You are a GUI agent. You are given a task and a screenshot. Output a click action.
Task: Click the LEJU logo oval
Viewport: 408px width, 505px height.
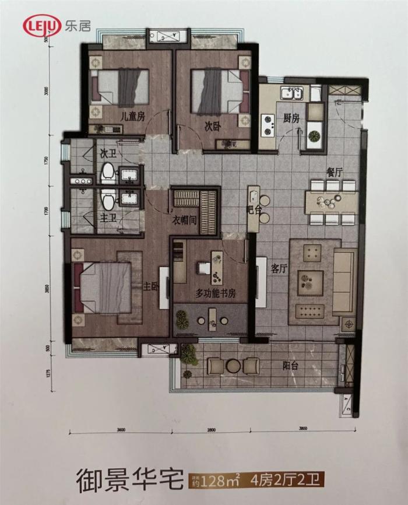point(42,26)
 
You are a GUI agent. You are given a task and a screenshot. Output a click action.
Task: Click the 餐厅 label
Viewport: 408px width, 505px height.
point(334,173)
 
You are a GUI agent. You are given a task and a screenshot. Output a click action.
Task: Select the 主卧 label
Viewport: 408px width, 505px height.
point(151,286)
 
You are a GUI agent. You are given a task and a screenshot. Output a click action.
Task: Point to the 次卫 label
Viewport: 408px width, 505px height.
point(108,154)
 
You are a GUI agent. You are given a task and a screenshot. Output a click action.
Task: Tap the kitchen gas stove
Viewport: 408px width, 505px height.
point(269,121)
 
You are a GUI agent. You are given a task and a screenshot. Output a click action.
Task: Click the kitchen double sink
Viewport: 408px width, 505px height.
point(290,93)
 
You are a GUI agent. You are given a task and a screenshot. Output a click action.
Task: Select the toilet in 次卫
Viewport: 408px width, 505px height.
point(107,172)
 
